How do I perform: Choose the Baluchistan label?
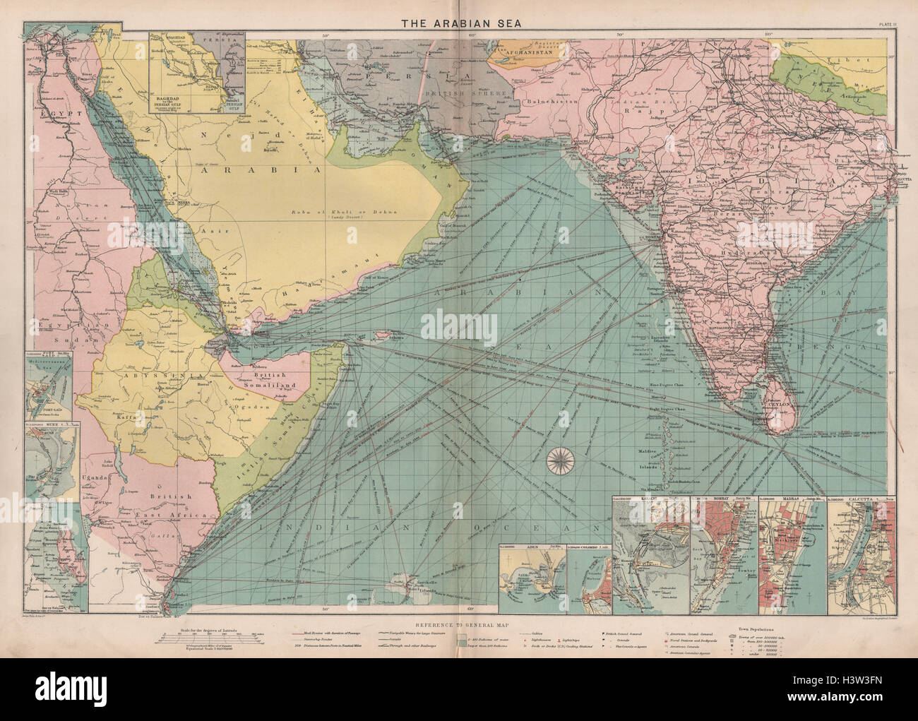547,102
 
